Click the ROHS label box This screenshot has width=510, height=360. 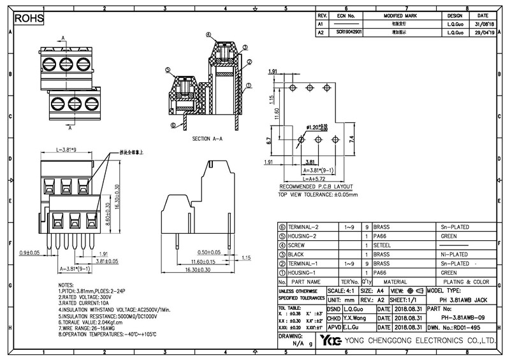(29, 19)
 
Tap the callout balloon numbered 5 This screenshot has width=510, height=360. (167, 71)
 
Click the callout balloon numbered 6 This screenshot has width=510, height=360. (173, 126)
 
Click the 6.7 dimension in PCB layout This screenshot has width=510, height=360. (270, 140)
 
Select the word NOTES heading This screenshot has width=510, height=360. (66, 285)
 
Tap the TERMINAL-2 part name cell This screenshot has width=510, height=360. (303, 227)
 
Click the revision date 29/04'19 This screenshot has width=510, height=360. (483, 31)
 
